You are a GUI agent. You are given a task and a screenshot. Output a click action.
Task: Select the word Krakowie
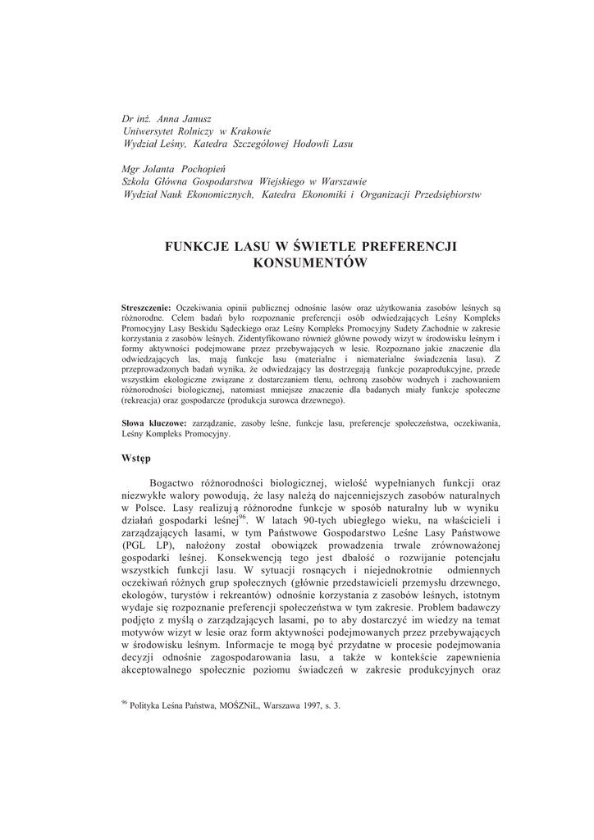click(249, 131)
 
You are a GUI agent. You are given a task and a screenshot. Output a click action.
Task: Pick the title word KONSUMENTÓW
click(310, 263)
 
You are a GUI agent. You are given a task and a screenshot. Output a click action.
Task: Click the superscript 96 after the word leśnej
click(242, 517)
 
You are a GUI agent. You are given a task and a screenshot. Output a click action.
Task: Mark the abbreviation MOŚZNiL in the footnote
click(231, 705)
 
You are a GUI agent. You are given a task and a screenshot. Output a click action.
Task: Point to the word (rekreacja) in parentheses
click(144, 402)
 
